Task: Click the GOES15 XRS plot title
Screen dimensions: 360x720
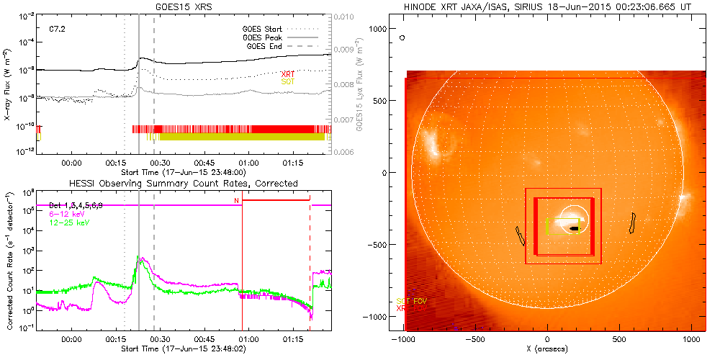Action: (x=184, y=6)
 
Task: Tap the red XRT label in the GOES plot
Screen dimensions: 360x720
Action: (x=288, y=74)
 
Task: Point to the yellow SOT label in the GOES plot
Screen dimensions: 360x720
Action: (x=288, y=82)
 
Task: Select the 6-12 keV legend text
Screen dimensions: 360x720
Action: (x=66, y=214)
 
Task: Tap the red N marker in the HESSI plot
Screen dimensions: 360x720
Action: (x=236, y=200)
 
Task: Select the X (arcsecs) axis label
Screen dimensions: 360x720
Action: (x=548, y=349)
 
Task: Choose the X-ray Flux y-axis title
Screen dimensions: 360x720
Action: (x=9, y=84)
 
